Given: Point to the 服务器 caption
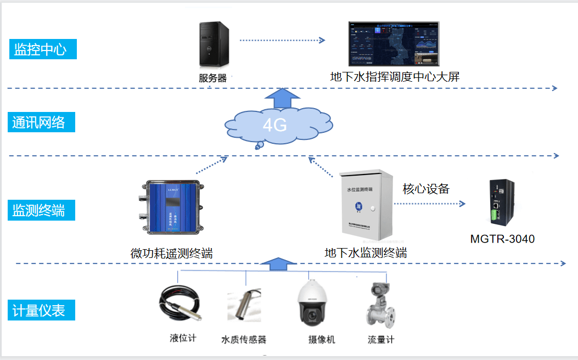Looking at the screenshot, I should [212, 78].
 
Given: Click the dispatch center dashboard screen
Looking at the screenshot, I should [394, 44].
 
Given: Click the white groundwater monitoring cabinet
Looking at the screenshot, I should [366, 205].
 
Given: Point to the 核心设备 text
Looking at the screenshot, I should [426, 189].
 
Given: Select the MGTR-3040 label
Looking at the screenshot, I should [502, 239].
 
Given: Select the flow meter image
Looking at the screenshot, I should [380, 305].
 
